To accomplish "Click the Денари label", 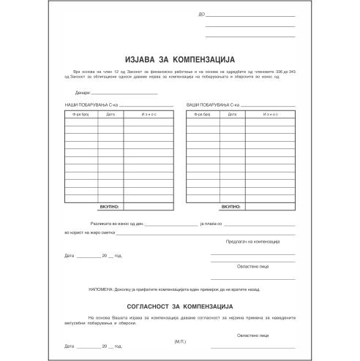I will [x=82, y=93].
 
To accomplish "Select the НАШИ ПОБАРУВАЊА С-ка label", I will [x=90, y=107].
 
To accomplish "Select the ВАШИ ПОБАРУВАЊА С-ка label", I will [x=213, y=107].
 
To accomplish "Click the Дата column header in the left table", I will [x=110, y=115].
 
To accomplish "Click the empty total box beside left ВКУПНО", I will [x=148, y=209].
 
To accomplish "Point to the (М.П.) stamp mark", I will [x=181, y=341].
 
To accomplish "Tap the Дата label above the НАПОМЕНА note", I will [x=70, y=256].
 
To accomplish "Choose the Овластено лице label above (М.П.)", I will [x=253, y=334].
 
